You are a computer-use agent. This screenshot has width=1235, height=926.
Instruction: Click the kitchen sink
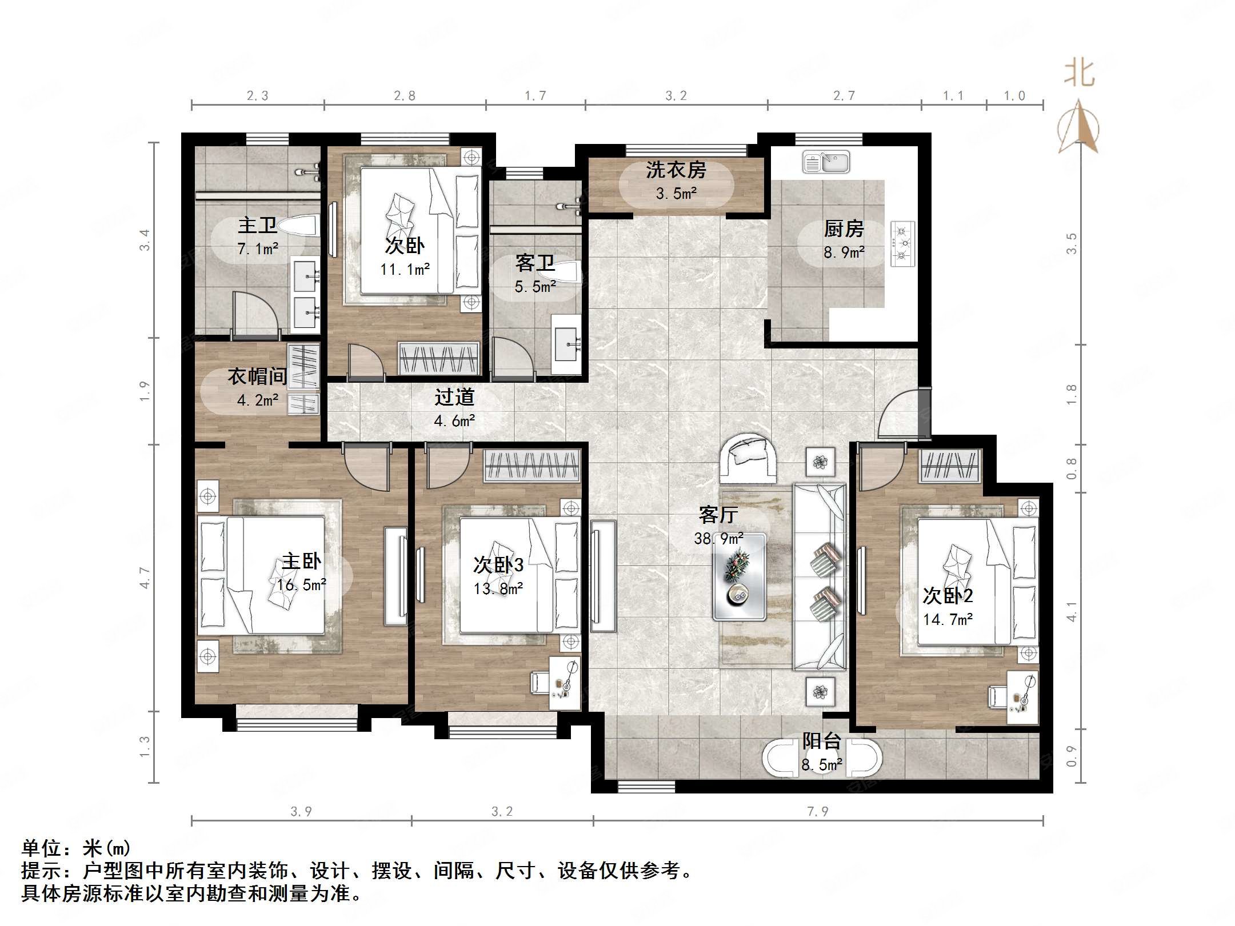point(826,162)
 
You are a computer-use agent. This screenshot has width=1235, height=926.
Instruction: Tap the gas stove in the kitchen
point(902,244)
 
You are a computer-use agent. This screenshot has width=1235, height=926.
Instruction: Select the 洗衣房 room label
point(676,170)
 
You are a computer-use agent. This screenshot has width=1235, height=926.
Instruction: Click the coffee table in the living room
point(739,577)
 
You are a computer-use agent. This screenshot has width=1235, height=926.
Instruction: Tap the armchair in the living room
point(748,458)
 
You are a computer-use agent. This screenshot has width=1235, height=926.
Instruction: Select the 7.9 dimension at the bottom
point(817,812)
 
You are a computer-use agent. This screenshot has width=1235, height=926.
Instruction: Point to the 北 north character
point(1079,73)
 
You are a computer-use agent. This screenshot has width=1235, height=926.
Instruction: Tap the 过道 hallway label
point(454,396)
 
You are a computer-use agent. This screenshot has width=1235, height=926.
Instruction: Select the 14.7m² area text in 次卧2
point(948,619)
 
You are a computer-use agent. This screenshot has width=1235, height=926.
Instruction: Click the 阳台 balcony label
point(822,741)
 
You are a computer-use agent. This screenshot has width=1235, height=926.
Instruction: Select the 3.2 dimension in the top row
point(676,95)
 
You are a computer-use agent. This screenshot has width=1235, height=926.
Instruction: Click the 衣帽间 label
point(257,376)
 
